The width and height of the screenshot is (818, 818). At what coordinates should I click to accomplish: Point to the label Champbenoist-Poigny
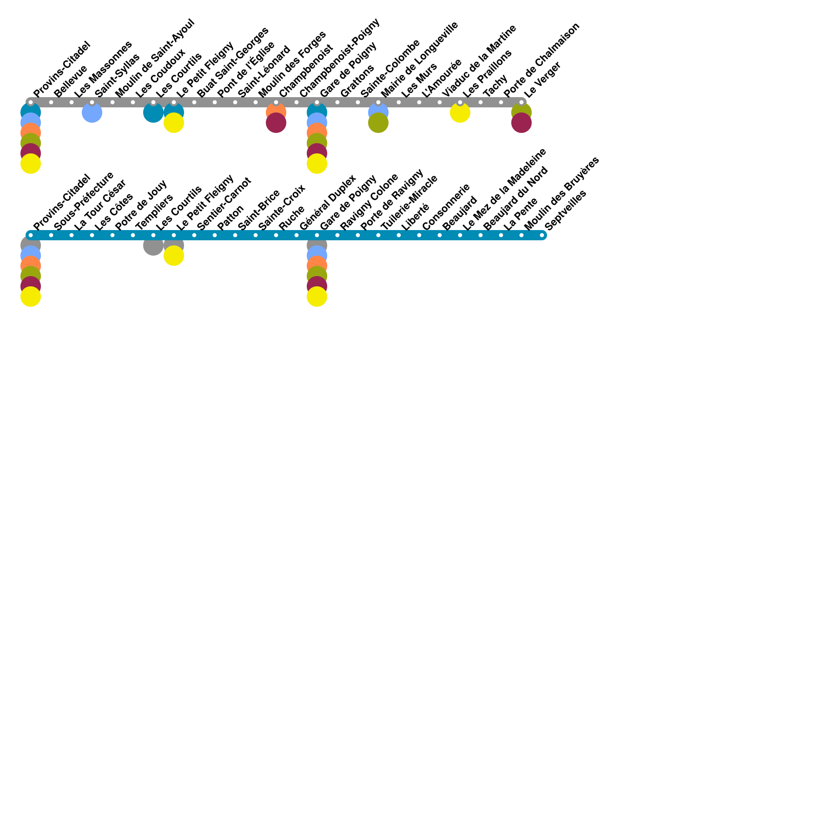point(339,58)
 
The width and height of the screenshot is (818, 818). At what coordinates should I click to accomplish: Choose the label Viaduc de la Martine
point(479,61)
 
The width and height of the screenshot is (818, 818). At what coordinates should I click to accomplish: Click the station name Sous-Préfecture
point(83,201)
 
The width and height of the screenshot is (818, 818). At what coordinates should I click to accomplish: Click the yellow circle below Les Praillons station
point(460,113)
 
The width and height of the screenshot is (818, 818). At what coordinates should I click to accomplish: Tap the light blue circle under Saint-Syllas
point(92,113)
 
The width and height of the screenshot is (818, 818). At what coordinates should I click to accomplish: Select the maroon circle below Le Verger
point(521,123)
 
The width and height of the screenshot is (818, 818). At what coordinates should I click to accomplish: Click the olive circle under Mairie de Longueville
point(378,123)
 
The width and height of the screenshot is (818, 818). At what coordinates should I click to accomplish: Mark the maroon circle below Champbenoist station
point(276,123)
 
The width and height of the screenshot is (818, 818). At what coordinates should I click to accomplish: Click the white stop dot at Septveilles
point(542,235)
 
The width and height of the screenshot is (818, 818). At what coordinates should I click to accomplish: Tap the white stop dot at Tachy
point(481,102)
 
